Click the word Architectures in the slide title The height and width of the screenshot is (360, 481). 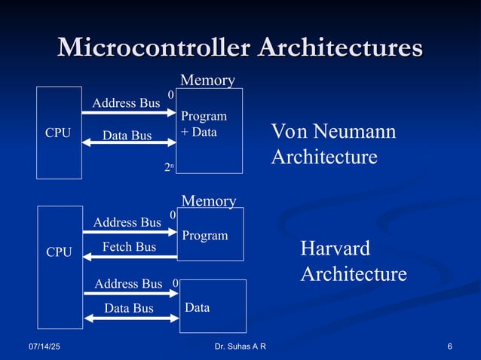(340, 47)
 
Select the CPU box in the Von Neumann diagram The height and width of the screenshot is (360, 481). (59, 133)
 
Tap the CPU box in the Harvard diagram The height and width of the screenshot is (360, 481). (60, 252)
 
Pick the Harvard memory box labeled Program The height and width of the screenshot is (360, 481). (210, 234)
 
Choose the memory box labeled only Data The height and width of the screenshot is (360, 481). (213, 306)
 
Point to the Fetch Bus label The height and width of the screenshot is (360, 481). (129, 246)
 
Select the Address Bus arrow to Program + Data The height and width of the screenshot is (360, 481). (129, 113)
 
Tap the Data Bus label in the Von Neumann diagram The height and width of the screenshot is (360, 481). (127, 136)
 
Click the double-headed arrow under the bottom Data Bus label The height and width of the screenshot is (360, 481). (130, 319)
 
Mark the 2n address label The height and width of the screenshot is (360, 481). (170, 169)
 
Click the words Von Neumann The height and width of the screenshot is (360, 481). (333, 132)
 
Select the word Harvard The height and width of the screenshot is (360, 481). (335, 249)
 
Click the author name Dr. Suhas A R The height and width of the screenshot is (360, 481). (240, 346)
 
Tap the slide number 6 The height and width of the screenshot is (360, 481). (449, 346)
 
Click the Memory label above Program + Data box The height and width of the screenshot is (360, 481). (207, 80)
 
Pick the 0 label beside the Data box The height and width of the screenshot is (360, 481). (175, 283)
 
